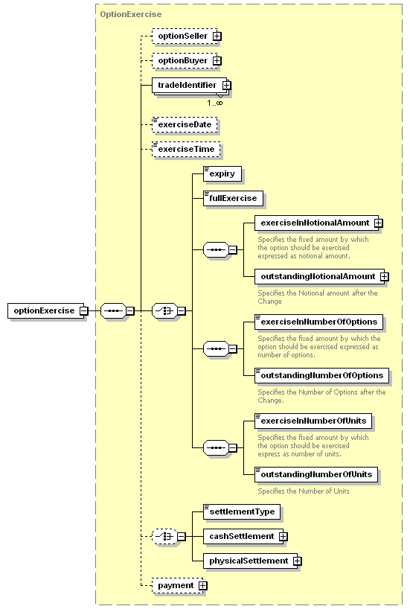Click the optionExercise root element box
click(45, 310)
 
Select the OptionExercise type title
click(131, 14)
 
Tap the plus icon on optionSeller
click(217, 36)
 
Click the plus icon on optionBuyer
click(217, 61)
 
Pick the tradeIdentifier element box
click(189, 85)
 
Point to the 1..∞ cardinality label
click(215, 103)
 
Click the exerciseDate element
click(185, 124)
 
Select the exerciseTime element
click(186, 149)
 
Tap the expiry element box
click(222, 173)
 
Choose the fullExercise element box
click(233, 198)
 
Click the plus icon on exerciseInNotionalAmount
click(378, 223)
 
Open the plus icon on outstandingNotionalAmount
click(385, 276)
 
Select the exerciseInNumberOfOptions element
click(318, 322)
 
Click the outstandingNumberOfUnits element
click(316, 474)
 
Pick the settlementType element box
click(242, 511)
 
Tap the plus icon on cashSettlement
click(284, 536)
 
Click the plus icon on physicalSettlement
click(298, 561)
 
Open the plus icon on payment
click(202, 586)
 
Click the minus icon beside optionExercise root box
click(84, 310)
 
